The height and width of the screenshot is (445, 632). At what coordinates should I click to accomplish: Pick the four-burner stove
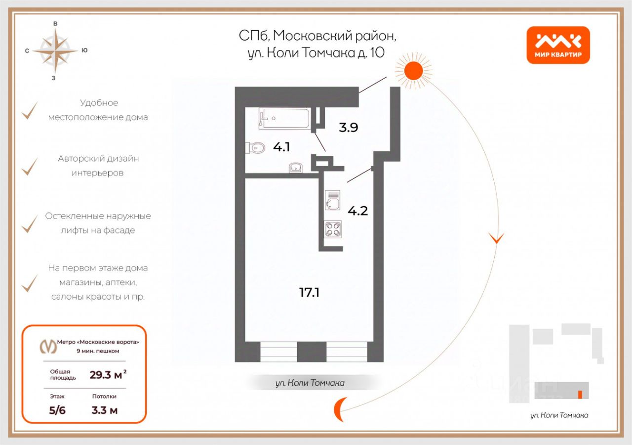(x=333, y=229)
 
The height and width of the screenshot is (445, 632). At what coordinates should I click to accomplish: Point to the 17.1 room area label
(x=309, y=293)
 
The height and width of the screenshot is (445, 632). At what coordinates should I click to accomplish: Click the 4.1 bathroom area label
(x=281, y=147)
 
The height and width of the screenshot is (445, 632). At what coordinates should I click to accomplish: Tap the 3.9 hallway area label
(x=348, y=127)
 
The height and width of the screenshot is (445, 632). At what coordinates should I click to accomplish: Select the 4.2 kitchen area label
(x=358, y=211)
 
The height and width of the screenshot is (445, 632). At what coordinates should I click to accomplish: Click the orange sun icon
(x=413, y=70)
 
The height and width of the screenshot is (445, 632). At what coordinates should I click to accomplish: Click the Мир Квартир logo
(x=558, y=45)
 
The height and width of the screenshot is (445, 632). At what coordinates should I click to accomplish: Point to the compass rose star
(x=55, y=50)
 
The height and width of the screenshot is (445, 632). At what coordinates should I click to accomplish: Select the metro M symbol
(x=47, y=347)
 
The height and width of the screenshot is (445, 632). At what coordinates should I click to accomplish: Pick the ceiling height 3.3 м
(x=104, y=410)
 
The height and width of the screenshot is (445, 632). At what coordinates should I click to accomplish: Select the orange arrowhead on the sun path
(x=496, y=238)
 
